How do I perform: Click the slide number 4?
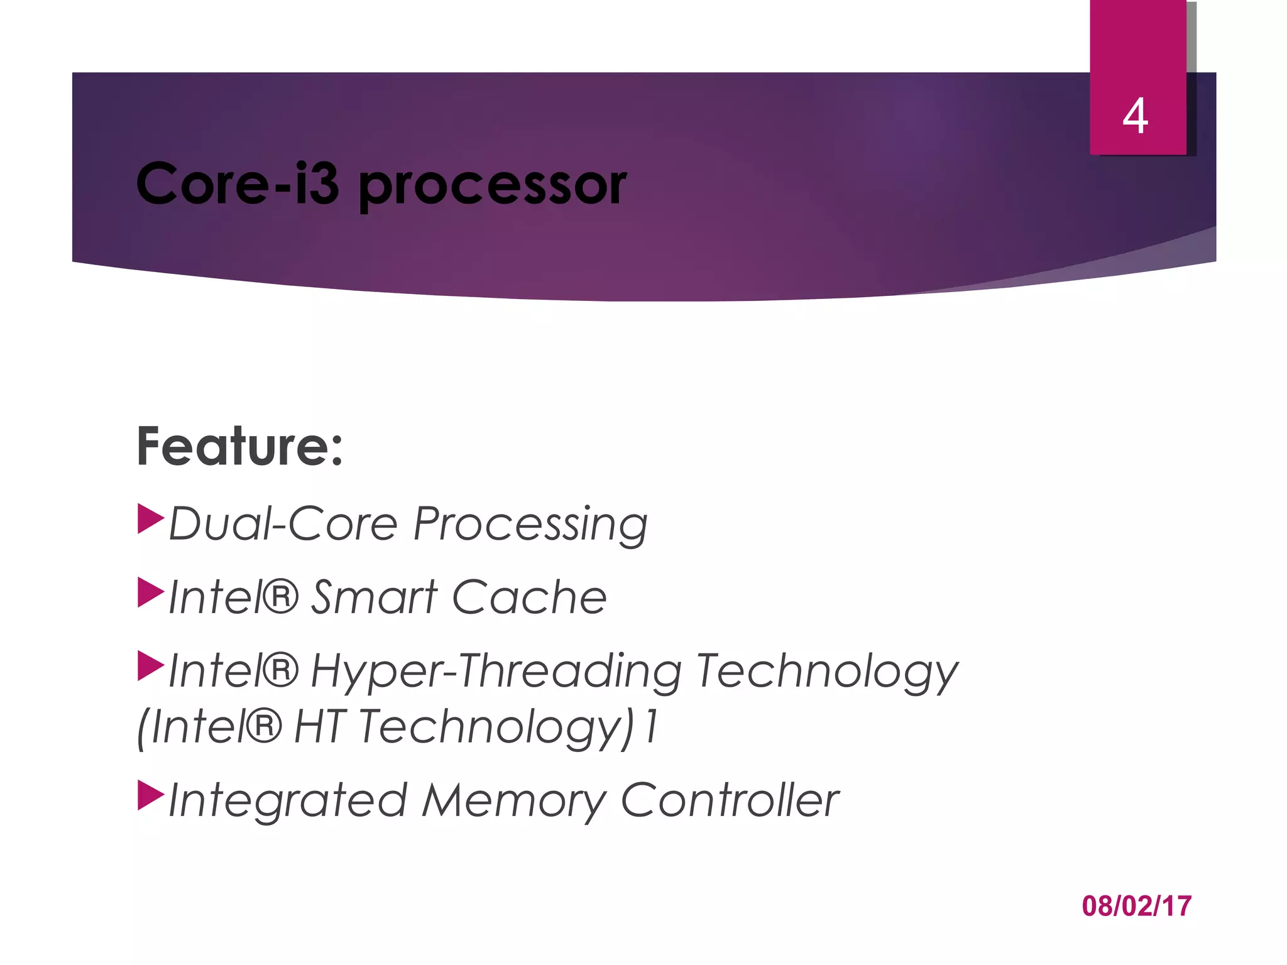point(1136,117)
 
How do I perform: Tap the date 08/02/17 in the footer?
point(1136,906)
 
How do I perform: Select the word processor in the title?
point(492,187)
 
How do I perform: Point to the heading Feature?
point(240,447)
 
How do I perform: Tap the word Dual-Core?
point(283,523)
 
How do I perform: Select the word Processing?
point(530,525)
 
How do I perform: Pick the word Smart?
point(375,597)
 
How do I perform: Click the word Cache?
point(529,597)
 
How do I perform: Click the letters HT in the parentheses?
point(320,727)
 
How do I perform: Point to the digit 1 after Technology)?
point(652,727)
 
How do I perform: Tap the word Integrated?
point(288,802)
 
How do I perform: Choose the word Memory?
point(513,802)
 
